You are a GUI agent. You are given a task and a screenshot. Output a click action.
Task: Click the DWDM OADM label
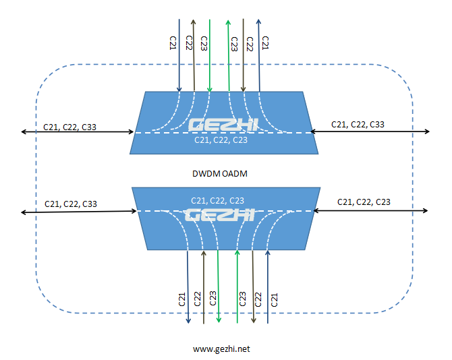[x=221, y=174]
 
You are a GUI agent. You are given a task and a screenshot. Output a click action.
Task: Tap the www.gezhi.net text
[x=221, y=349]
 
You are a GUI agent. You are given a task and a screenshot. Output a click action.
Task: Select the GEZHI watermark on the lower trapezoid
[x=219, y=216]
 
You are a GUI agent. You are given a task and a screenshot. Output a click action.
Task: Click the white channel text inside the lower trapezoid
[x=217, y=200]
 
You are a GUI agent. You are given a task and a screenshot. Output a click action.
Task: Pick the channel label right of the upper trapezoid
[x=358, y=124]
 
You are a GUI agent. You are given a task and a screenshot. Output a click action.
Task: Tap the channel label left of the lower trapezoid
[x=71, y=203]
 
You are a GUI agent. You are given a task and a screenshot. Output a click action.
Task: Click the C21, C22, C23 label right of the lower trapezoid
[x=363, y=202]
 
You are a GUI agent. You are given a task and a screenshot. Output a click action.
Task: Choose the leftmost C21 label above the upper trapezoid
[x=172, y=42]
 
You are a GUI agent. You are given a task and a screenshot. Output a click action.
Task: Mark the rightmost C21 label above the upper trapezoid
[x=265, y=42]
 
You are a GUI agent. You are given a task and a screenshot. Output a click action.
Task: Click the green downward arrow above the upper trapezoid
[x=210, y=57]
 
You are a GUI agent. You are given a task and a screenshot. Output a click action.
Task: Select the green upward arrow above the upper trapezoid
[x=228, y=57]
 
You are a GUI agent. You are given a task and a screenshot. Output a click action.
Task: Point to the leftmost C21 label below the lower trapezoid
[x=181, y=299]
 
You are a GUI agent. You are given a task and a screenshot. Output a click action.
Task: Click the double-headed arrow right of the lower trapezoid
[x=370, y=211]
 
